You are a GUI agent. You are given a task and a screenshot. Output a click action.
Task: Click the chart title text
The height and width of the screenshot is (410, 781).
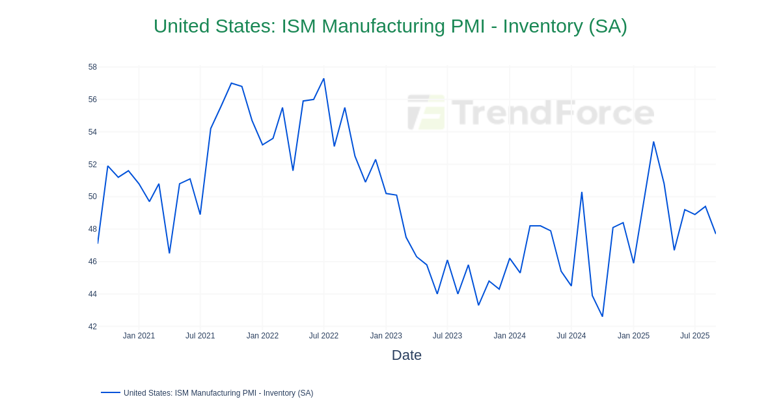tap(390, 26)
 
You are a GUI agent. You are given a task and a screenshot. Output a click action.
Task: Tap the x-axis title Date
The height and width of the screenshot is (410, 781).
tap(406, 355)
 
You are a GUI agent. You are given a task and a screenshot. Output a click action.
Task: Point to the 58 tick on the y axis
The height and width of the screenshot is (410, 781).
tap(92, 67)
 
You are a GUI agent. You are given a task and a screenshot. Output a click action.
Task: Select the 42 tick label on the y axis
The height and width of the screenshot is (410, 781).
tap(92, 327)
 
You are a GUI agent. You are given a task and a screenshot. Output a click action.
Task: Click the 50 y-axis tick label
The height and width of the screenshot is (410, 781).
tap(92, 197)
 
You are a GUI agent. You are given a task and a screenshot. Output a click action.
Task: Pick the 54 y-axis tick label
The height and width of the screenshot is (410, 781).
tap(92, 132)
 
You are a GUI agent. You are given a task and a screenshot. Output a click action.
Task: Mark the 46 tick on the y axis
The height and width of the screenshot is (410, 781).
tap(92, 262)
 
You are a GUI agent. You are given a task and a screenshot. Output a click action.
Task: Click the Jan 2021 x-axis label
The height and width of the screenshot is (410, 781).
tap(139, 336)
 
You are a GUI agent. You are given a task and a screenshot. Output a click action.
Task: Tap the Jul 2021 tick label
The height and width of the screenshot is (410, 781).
tap(200, 336)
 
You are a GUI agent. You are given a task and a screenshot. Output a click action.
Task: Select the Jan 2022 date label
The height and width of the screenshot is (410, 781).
tap(262, 336)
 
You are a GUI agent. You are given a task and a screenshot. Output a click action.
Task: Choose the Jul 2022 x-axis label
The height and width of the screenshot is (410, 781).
tap(323, 336)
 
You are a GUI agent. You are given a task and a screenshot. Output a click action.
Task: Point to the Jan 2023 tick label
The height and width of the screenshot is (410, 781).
tap(386, 336)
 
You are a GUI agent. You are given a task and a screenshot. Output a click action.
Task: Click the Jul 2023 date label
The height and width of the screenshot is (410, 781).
tap(447, 336)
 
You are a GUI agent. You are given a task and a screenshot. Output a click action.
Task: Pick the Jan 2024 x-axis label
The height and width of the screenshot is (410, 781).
tap(510, 336)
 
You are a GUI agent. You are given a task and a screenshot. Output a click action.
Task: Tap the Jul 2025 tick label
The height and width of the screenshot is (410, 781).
tap(694, 336)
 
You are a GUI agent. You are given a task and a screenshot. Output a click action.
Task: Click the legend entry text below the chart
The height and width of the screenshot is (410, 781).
tap(218, 393)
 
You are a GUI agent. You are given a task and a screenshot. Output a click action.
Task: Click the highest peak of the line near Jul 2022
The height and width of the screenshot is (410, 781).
tap(323, 79)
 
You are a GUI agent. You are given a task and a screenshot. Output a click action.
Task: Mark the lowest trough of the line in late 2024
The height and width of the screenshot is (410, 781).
tap(603, 316)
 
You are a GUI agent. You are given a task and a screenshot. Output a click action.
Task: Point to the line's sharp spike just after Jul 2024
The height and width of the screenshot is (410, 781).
tap(582, 193)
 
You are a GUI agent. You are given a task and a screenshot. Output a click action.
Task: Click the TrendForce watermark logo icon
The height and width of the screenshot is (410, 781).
tap(426, 113)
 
